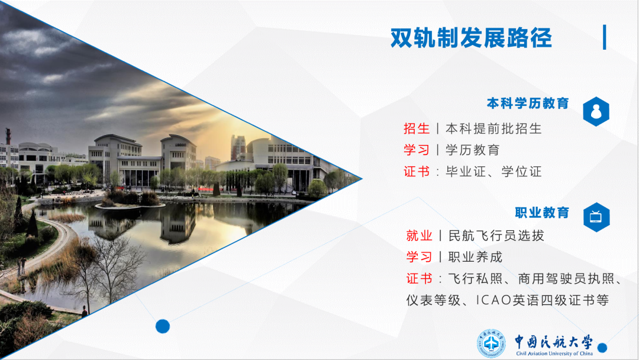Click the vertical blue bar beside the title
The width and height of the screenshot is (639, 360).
[x=604, y=37]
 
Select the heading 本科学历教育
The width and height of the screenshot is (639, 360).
[x=527, y=104]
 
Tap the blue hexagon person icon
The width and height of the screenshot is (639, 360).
[x=596, y=112]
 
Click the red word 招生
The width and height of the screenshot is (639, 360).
[x=417, y=128]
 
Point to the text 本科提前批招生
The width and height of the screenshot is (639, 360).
[x=493, y=128]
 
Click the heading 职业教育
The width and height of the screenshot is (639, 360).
[x=541, y=212]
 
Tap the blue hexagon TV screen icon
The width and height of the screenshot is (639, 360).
[x=596, y=217]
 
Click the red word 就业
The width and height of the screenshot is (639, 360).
[x=419, y=236]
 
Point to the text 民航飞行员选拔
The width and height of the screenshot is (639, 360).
[x=496, y=236]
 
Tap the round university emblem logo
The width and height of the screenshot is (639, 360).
[x=492, y=344]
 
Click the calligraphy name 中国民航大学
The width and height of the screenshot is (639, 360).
[x=553, y=342]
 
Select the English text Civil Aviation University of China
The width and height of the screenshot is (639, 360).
[x=554, y=353]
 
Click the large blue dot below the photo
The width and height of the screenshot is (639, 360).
[x=163, y=326]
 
